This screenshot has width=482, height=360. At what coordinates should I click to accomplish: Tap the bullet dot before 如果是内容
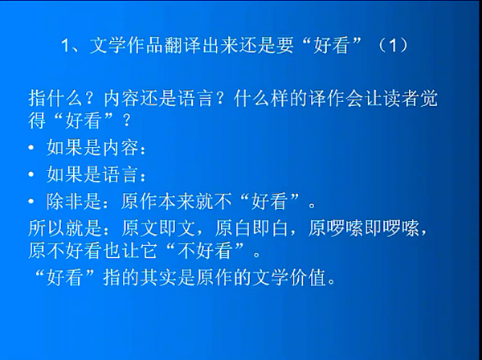[31, 148]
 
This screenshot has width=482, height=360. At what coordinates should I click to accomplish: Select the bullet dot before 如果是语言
[31, 174]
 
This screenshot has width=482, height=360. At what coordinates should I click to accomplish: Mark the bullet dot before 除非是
[31, 202]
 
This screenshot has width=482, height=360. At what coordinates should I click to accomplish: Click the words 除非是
[74, 202]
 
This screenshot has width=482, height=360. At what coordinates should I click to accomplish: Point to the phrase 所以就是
[64, 228]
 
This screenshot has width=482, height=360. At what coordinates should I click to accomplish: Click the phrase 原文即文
[158, 228]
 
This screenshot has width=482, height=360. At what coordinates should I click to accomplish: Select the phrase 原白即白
[251, 228]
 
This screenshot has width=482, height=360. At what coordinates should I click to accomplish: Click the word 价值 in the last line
[308, 277]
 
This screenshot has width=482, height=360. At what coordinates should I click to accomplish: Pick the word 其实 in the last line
[158, 277]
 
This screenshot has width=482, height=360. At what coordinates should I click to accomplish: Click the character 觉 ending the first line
[428, 99]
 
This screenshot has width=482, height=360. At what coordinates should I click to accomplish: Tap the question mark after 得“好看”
[127, 121]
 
